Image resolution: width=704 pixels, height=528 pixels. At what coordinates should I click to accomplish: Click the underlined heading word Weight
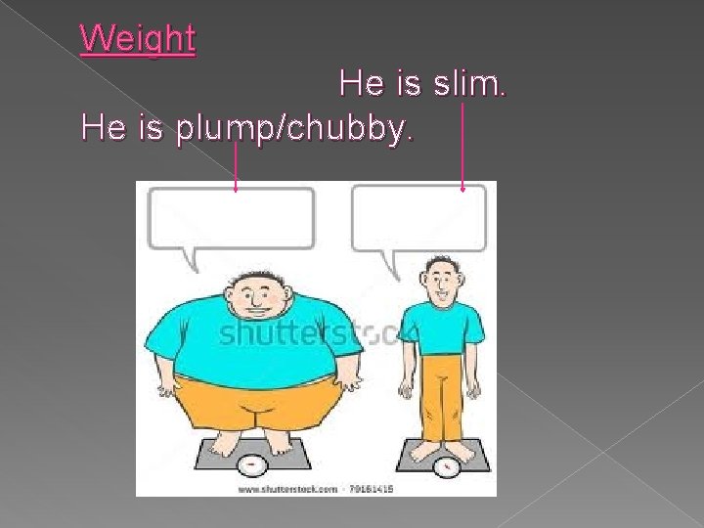click(138, 39)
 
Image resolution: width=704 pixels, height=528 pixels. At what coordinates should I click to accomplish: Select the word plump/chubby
click(290, 128)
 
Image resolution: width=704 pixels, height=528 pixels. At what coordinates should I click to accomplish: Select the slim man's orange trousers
click(443, 396)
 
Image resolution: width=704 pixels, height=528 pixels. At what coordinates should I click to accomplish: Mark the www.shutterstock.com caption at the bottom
click(288, 488)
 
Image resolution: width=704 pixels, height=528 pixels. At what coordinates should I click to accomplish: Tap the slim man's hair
click(444, 263)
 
